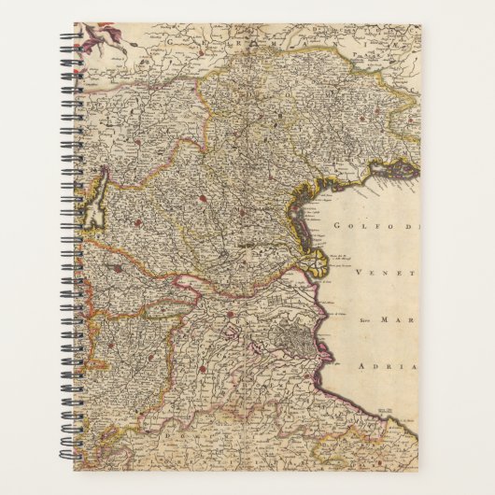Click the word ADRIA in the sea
pyautogui.click(x=387, y=365)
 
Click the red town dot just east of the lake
pyautogui.click(x=137, y=223)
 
